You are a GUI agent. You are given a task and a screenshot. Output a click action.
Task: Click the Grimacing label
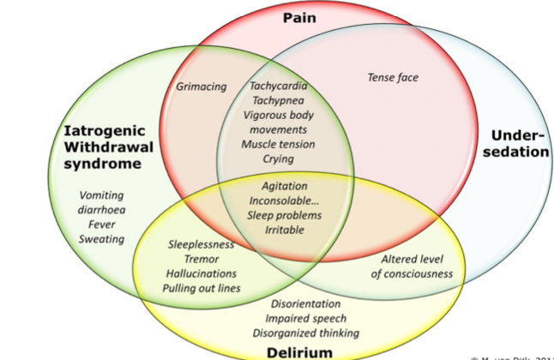[202, 87]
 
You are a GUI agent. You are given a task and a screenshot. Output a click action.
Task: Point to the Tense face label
[393, 78]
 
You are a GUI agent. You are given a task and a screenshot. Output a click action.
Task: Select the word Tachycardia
[279, 87]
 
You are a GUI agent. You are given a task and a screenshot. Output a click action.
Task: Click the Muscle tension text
[279, 144]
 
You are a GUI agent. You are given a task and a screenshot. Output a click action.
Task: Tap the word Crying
[279, 159]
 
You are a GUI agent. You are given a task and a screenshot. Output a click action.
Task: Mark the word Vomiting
[102, 195]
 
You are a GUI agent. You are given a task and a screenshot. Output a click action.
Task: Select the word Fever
[102, 225]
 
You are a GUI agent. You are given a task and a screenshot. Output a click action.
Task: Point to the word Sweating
[102, 239]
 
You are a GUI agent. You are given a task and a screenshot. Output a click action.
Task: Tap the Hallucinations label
[202, 273]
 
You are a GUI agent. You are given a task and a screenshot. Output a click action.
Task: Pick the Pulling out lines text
[202, 288]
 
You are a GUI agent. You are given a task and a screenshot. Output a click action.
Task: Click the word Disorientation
[305, 303]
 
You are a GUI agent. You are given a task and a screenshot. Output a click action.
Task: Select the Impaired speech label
[305, 318]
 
